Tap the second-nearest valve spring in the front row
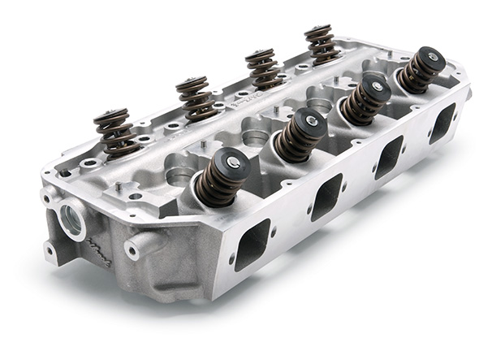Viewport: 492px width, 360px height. point(299,134)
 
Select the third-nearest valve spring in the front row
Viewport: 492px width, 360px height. point(365,99)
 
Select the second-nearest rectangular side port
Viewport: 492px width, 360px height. point(328,196)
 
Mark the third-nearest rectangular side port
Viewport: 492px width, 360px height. point(390,156)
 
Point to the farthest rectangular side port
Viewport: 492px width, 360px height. point(442,123)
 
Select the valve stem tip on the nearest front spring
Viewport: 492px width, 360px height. point(234,163)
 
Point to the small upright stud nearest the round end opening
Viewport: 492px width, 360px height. point(119,189)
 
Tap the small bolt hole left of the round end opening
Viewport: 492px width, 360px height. point(46,198)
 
